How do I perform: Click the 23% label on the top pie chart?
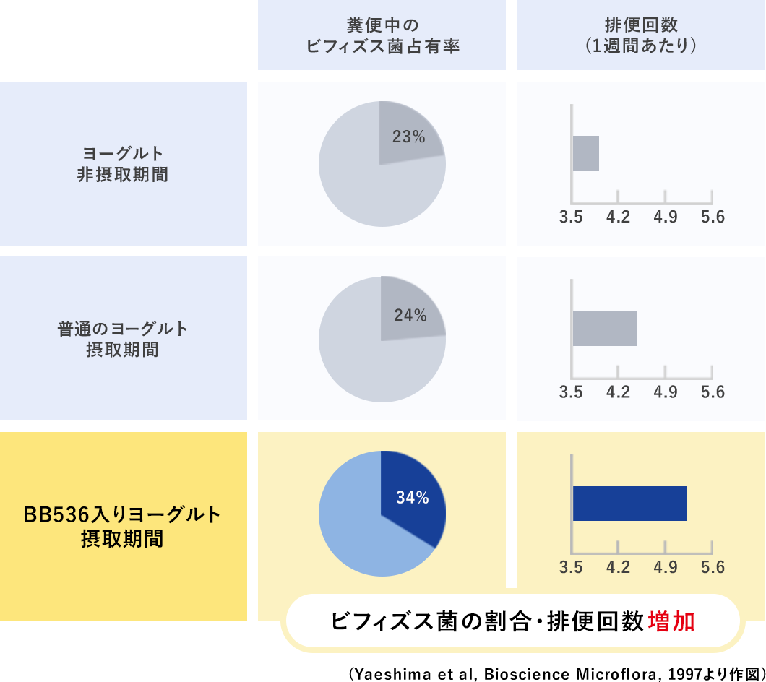click(408, 136)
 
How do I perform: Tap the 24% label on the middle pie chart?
click(410, 315)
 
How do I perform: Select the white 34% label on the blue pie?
click(412, 497)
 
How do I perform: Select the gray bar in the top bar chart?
click(586, 153)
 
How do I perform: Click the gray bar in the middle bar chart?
click(604, 329)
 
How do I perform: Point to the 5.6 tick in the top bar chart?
click(712, 217)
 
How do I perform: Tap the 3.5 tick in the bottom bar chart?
click(572, 567)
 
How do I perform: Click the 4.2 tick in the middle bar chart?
click(618, 392)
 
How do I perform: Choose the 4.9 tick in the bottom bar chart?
click(665, 567)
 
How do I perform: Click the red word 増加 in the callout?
click(671, 621)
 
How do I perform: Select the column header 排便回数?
click(641, 25)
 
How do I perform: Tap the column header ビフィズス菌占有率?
click(383, 46)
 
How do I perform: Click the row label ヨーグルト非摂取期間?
click(122, 163)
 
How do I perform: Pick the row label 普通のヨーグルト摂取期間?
click(122, 339)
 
